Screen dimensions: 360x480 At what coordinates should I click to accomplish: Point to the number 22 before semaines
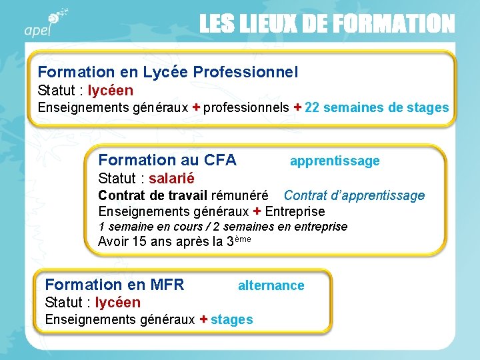coord(312,108)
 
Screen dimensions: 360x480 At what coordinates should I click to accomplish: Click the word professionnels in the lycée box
coord(246,108)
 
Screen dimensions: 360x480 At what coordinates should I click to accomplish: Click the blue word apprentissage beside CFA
coord(335,161)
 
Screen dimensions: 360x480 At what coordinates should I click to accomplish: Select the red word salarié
coord(171,179)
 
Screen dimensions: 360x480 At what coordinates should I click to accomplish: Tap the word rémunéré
coord(239,195)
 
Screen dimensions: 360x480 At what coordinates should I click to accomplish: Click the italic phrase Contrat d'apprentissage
coord(354,195)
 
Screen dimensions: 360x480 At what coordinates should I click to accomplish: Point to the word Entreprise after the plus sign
coord(295,212)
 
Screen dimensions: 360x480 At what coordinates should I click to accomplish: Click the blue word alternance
coord(271,286)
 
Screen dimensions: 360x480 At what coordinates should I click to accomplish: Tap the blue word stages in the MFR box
coord(231,320)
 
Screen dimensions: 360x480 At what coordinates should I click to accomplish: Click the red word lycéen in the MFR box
coord(118,303)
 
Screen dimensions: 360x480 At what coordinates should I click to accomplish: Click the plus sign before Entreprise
coord(257,212)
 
